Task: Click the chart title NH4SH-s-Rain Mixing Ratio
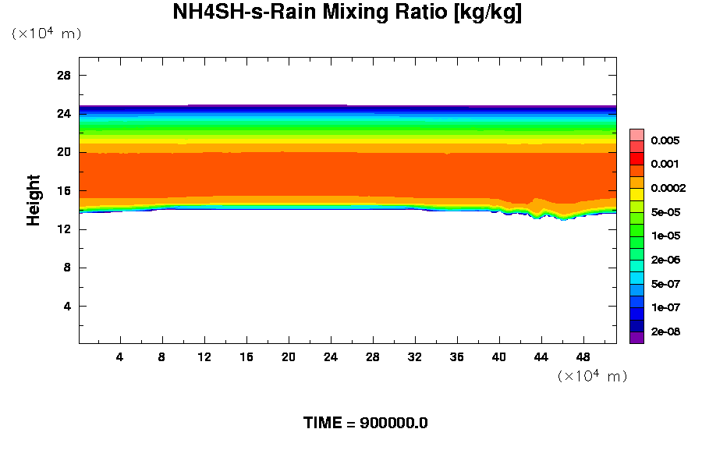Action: pos(347,12)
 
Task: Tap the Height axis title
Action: pos(34,209)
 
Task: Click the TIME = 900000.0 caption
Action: pos(365,424)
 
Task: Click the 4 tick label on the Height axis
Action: pos(67,306)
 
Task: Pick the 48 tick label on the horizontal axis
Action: pos(583,356)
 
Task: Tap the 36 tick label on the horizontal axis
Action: pos(457,356)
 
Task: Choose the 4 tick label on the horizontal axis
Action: pos(119,356)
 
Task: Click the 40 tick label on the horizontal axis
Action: pos(499,356)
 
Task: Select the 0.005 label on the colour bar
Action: pos(665,141)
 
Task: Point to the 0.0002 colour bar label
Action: pos(668,188)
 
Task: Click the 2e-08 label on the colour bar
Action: pos(665,332)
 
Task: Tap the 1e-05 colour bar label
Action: pos(665,236)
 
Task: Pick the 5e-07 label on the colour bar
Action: pos(665,284)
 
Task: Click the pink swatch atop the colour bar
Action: pos(636,134)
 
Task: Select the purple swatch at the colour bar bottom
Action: pos(636,338)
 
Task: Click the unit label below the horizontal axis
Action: pos(593,376)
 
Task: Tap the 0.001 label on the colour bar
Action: pos(665,165)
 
